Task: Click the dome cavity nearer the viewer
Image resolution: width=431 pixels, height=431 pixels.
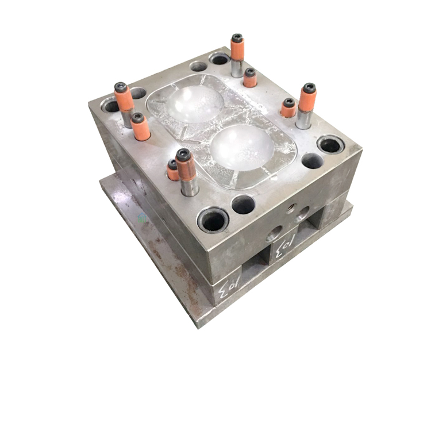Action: [x=241, y=147]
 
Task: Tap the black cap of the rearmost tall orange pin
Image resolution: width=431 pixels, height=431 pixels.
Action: [x=237, y=39]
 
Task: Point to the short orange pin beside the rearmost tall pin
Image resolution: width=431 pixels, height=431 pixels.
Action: [x=249, y=78]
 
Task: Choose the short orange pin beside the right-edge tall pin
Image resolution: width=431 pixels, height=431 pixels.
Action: [x=288, y=107]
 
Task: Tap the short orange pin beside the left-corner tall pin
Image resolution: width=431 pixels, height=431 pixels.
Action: [x=140, y=126]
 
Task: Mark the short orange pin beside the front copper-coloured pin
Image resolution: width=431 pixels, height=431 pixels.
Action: [x=173, y=171]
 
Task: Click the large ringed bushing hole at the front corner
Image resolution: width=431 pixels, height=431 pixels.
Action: [x=213, y=220]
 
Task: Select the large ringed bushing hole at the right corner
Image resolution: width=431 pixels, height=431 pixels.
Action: [x=331, y=144]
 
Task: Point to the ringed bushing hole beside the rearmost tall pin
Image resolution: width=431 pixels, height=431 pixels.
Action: [x=219, y=59]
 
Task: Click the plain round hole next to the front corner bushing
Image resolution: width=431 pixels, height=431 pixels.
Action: [x=243, y=204]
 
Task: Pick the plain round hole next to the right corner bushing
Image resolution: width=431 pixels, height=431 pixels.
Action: [x=312, y=161]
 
